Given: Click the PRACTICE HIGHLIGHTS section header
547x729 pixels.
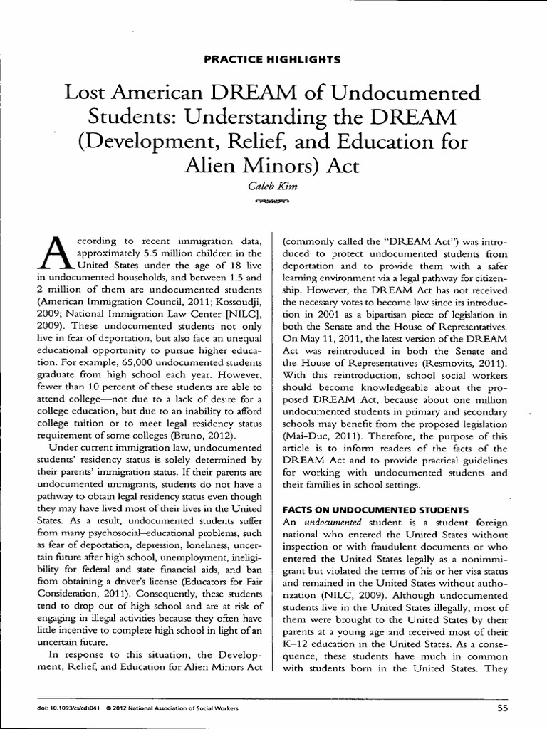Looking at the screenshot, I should [273, 59].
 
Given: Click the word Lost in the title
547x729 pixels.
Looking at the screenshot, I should [85, 93].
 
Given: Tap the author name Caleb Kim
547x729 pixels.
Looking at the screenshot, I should [273, 187].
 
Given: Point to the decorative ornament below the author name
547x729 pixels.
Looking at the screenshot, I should [273, 202].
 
